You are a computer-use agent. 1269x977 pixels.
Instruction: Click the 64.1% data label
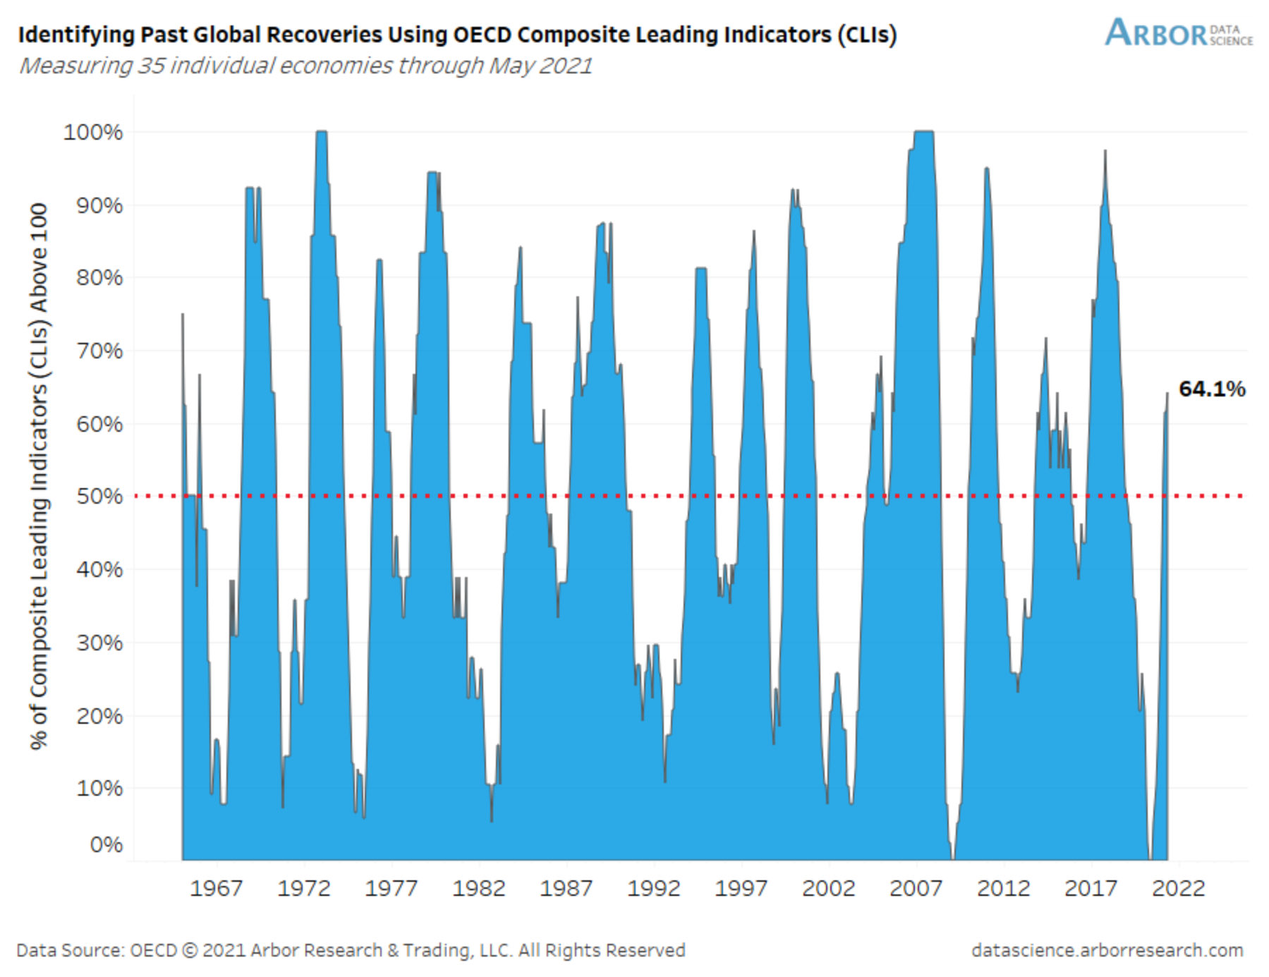coord(1211,389)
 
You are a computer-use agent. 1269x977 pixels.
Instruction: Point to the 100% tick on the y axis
coord(93,132)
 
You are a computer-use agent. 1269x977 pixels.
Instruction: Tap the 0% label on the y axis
coord(106,844)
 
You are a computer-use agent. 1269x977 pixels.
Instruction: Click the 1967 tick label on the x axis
coord(216,887)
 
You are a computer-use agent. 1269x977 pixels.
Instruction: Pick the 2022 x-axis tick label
coord(1177,887)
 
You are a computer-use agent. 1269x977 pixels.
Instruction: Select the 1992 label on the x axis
coord(653,887)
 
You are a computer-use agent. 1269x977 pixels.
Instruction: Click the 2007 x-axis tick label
coord(916,887)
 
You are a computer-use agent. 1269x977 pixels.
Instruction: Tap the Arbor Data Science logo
coord(1178,32)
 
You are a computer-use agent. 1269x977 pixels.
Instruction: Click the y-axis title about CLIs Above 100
coord(39,476)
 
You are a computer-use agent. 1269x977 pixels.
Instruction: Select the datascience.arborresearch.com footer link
coord(1107,950)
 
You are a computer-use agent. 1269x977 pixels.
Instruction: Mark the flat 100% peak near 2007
coord(923,132)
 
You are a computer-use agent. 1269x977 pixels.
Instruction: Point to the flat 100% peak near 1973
coord(321,132)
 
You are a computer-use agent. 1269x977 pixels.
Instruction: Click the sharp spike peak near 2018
coord(1105,151)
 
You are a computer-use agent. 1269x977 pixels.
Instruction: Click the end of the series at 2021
coord(1167,394)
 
